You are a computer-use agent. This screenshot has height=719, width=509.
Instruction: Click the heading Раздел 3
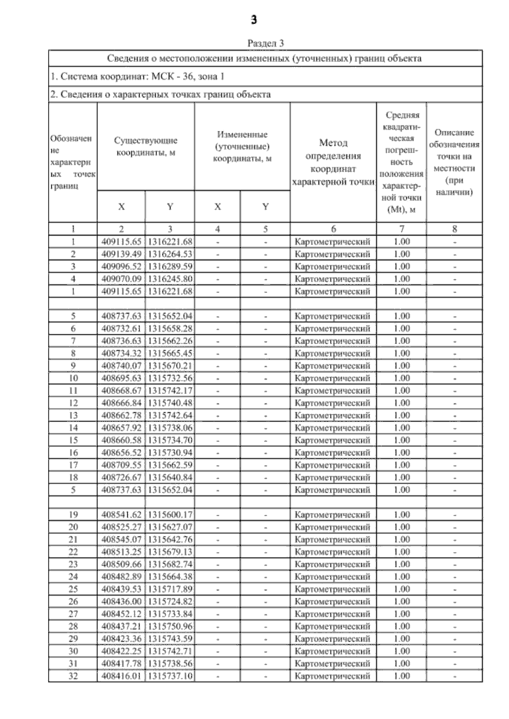(x=265, y=43)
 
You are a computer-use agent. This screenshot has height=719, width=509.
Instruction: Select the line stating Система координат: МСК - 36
(x=137, y=77)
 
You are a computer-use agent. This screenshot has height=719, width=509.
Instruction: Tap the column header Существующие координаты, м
(x=145, y=147)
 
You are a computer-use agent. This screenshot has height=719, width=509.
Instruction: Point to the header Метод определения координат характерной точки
(x=333, y=162)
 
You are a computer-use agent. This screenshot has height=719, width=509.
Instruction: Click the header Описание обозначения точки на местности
(x=454, y=162)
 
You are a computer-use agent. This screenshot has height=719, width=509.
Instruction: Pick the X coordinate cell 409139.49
(x=121, y=254)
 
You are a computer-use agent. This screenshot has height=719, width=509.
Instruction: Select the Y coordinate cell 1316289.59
(x=170, y=267)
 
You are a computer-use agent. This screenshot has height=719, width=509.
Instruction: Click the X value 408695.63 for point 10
(x=121, y=378)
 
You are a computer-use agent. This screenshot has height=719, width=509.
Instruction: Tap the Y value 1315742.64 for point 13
(x=170, y=415)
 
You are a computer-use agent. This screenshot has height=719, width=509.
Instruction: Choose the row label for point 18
(x=73, y=477)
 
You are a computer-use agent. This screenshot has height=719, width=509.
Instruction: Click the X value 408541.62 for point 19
(x=121, y=515)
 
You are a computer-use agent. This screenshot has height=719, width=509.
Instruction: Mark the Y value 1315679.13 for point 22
(x=170, y=552)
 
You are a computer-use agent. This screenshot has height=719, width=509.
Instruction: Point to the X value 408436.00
(x=121, y=602)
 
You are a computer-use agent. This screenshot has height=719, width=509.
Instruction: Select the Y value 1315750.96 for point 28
(x=170, y=626)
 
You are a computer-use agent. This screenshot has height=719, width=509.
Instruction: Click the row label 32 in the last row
(x=73, y=676)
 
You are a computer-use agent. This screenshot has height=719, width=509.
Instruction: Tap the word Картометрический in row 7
(x=333, y=341)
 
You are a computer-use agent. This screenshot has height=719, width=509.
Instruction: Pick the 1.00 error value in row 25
(x=402, y=589)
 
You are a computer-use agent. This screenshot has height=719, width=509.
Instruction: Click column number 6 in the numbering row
(x=333, y=229)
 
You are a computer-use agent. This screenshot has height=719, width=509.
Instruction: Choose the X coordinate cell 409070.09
(x=121, y=279)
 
